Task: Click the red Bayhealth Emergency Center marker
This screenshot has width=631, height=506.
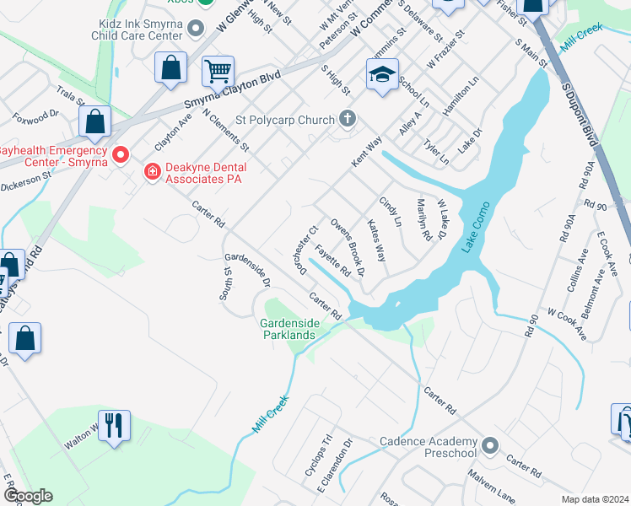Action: click(x=120, y=154)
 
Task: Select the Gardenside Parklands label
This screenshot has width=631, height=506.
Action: click(x=288, y=328)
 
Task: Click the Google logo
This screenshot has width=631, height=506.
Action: click(x=28, y=496)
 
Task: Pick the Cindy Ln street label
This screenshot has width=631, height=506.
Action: click(x=390, y=213)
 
